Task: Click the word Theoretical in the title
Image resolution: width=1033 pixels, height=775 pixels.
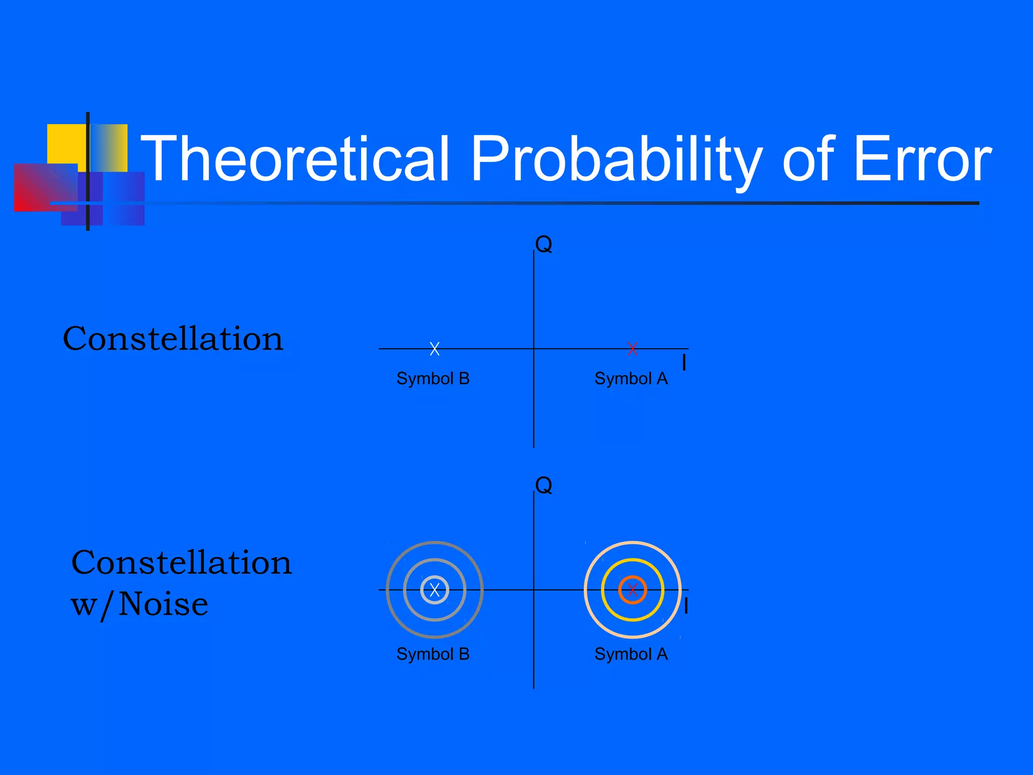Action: [295, 158]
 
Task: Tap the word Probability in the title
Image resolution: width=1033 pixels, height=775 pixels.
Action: [615, 158]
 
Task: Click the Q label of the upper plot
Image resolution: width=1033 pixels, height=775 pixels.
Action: [544, 245]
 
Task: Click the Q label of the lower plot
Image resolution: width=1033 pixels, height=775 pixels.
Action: [544, 485]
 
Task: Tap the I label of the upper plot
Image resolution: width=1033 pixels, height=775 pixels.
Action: [684, 362]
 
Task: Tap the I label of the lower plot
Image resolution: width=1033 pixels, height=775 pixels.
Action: [686, 605]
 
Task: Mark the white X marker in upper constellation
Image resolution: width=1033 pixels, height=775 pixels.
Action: [435, 349]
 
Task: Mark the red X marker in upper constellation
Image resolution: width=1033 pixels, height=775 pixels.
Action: [633, 349]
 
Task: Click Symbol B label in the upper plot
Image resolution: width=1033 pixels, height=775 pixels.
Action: [433, 378]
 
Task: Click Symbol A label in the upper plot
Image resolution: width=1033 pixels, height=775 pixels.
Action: [631, 378]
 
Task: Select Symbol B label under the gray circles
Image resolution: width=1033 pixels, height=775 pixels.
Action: [433, 654]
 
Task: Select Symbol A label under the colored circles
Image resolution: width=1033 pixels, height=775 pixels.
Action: [631, 654]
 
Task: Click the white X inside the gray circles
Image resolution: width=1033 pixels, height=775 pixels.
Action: [435, 590]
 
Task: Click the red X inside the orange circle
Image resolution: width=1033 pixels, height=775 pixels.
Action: [633, 590]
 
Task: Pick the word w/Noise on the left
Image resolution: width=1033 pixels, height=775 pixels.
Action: [139, 604]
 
